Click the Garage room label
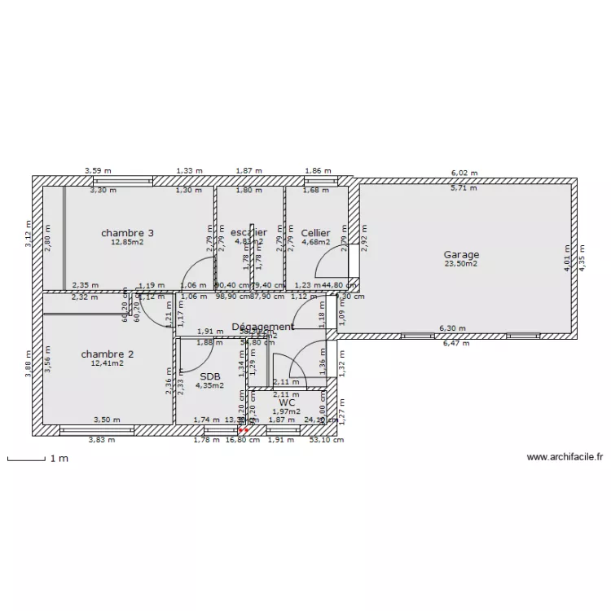(461, 254)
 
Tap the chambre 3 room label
(128, 233)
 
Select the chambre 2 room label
(108, 354)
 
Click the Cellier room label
(315, 233)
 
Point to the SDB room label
(209, 376)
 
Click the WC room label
(286, 402)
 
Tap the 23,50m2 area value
(461, 264)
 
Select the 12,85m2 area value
(128, 242)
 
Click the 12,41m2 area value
(108, 363)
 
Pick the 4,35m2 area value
(209, 385)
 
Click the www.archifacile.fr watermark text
(564, 458)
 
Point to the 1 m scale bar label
(59, 459)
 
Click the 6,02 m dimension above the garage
(464, 173)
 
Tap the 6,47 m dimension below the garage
(455, 344)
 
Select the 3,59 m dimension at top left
(99, 171)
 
